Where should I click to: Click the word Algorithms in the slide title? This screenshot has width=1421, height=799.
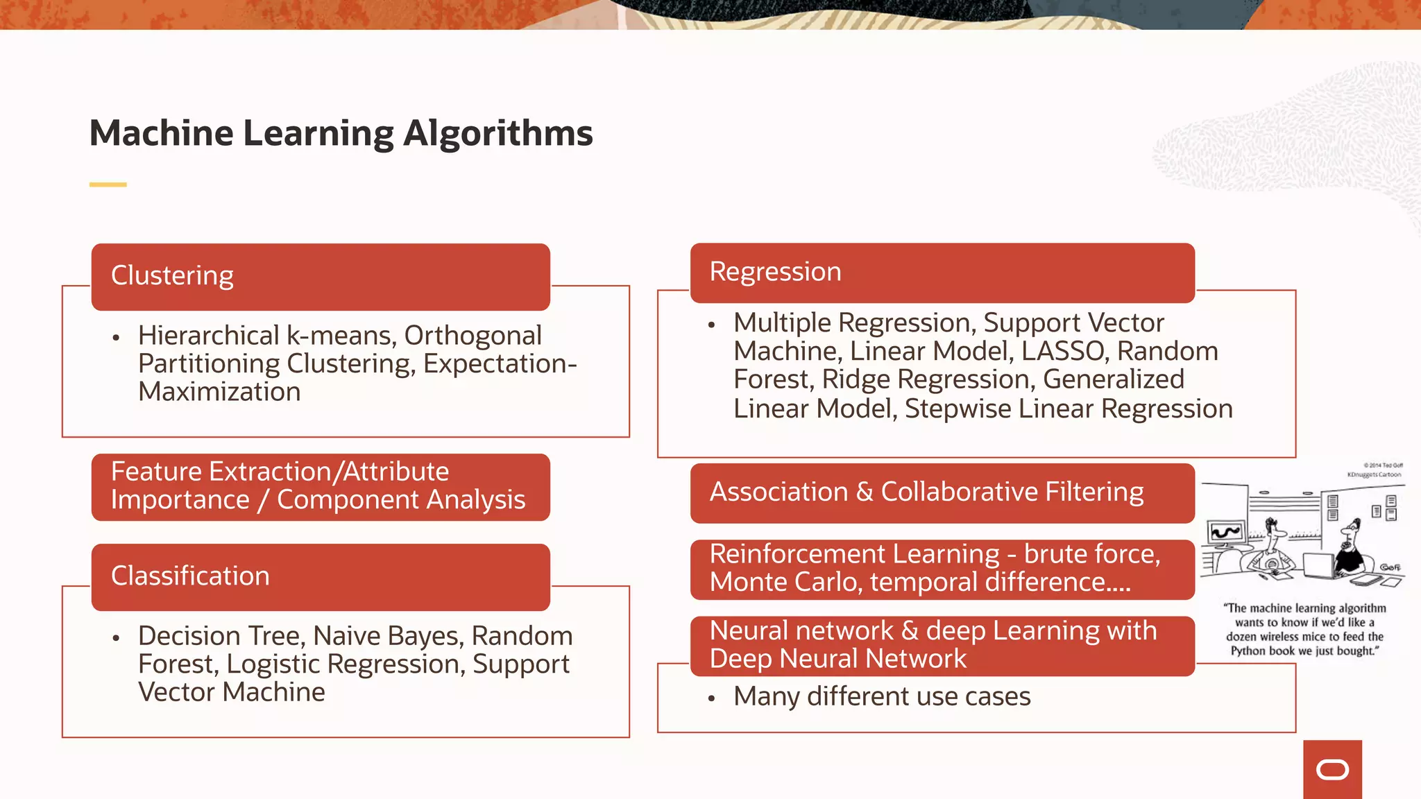[x=497, y=133]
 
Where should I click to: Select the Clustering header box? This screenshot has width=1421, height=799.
[x=321, y=276]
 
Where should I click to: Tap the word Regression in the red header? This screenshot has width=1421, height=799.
[x=775, y=272]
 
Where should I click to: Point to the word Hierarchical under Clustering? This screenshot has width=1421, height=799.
[x=208, y=336]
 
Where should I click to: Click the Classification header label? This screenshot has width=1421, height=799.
[x=190, y=576]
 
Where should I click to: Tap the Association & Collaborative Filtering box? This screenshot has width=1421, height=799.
[x=942, y=492]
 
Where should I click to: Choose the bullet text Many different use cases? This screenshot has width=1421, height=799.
[x=881, y=696]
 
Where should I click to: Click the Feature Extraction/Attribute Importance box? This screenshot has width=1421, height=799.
[x=321, y=486]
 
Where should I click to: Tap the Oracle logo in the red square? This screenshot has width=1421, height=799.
[x=1332, y=770]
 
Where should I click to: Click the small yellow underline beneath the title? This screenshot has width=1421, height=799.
[x=108, y=184]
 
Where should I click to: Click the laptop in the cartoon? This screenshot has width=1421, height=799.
[x=1318, y=565]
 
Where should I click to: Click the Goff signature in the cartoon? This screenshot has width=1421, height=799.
[x=1390, y=567]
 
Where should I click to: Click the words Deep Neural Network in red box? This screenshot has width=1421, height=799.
[x=837, y=659]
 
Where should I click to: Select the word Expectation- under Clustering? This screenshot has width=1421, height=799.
[x=500, y=364]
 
